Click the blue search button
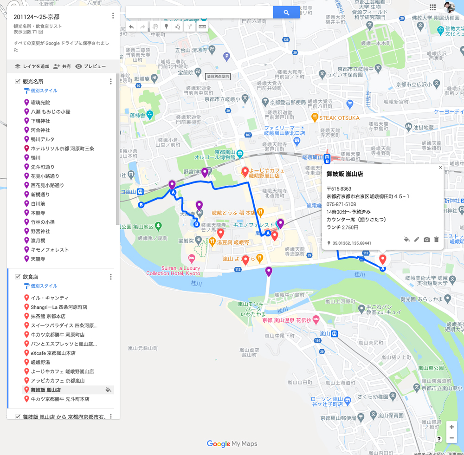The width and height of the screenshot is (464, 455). pos(286,13)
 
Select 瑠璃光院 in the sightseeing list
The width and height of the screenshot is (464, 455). pos(40,103)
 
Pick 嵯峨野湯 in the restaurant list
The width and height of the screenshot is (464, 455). pos(40,362)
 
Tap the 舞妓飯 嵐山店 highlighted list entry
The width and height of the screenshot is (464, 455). pos(46,390)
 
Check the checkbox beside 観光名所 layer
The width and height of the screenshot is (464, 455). pos(18,81)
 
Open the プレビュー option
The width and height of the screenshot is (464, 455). pos(90,66)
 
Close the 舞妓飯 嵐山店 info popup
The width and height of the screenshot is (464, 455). pos(440,168)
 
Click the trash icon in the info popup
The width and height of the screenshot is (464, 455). pos(436,240)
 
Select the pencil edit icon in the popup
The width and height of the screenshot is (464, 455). pos(417,240)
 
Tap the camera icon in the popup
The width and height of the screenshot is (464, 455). pos(426,240)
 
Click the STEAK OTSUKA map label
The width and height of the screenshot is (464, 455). pos(339,118)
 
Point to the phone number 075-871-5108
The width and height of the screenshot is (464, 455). pos(341,204)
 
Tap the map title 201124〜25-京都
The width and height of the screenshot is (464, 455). pos(36,17)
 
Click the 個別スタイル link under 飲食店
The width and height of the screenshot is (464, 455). pos(44,286)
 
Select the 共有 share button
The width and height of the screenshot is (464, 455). pos(62,66)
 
